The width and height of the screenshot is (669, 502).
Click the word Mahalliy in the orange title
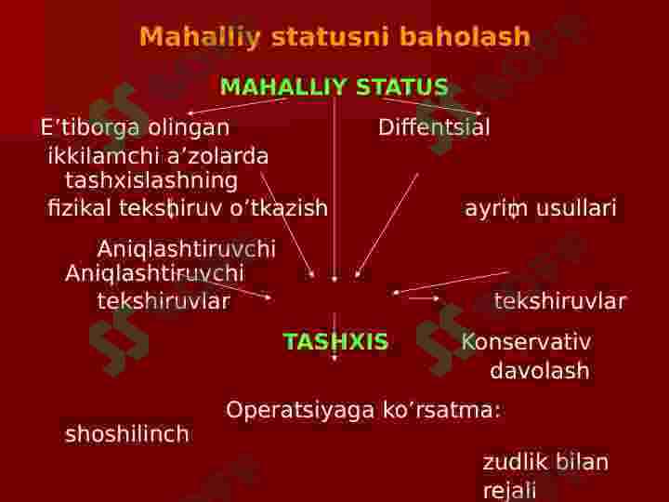point(200,37)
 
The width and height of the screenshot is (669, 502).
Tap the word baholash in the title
point(465,36)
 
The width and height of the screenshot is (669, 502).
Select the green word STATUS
point(402,86)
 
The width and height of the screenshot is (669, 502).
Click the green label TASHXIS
point(335,341)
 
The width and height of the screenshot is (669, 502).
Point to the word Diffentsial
point(434,127)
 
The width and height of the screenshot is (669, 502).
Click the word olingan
point(189,127)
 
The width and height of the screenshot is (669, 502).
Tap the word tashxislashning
point(151,181)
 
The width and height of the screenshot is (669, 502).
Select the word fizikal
point(79,208)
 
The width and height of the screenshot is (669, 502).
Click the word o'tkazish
point(279,208)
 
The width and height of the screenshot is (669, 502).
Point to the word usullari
point(576,208)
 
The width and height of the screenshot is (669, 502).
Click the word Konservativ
point(527,341)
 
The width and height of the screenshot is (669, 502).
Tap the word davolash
point(540,371)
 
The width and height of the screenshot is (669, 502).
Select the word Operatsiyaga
point(300,411)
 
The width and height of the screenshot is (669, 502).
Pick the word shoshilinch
point(126,434)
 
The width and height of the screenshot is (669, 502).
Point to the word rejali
point(509,491)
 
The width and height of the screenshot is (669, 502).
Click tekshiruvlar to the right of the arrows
point(559,301)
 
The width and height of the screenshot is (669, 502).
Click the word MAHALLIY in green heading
point(282,86)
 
